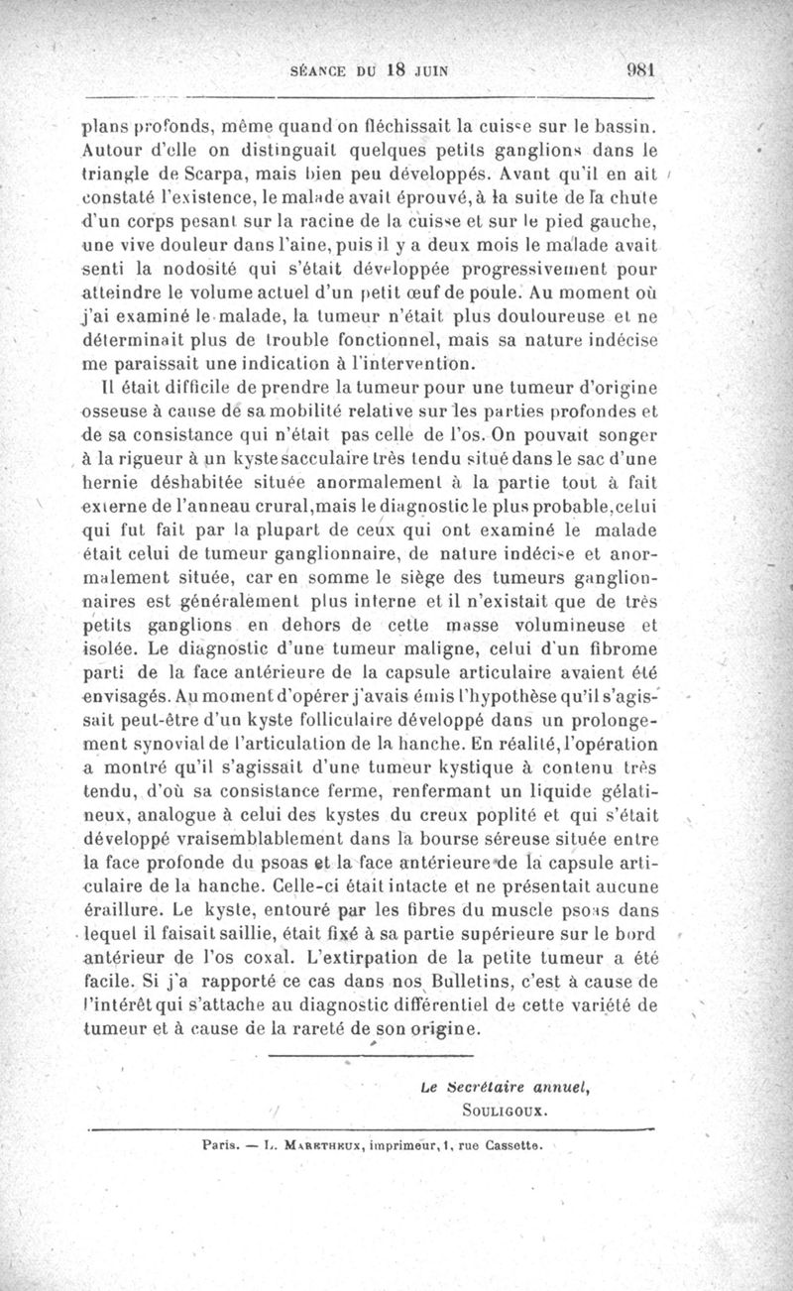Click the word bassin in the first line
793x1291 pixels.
[628, 127]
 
